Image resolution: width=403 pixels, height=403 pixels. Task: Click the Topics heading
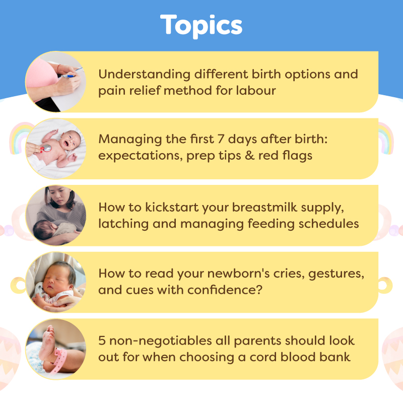201,25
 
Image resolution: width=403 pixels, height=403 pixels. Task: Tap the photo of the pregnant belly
55,82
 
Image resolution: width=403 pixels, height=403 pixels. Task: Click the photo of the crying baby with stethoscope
55,148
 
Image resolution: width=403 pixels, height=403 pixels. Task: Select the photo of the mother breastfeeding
55,216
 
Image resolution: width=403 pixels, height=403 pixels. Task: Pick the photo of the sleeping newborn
55,282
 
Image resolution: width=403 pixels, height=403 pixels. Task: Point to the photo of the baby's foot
55,349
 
